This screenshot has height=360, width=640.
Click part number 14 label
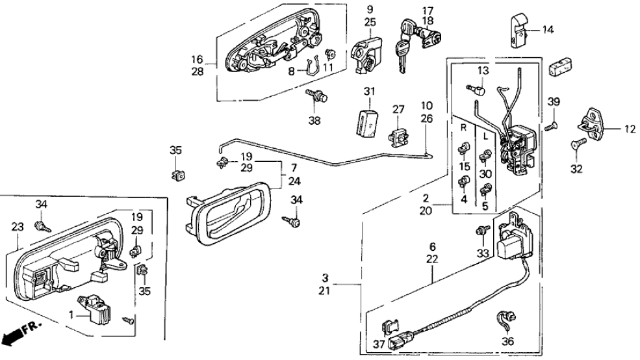click(548, 29)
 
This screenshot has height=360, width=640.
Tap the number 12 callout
click(628, 129)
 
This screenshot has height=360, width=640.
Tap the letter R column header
click(464, 128)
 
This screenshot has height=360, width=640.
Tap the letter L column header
click(486, 137)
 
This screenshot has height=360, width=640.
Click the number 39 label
click(553, 102)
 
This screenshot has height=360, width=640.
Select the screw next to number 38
click(318, 97)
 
